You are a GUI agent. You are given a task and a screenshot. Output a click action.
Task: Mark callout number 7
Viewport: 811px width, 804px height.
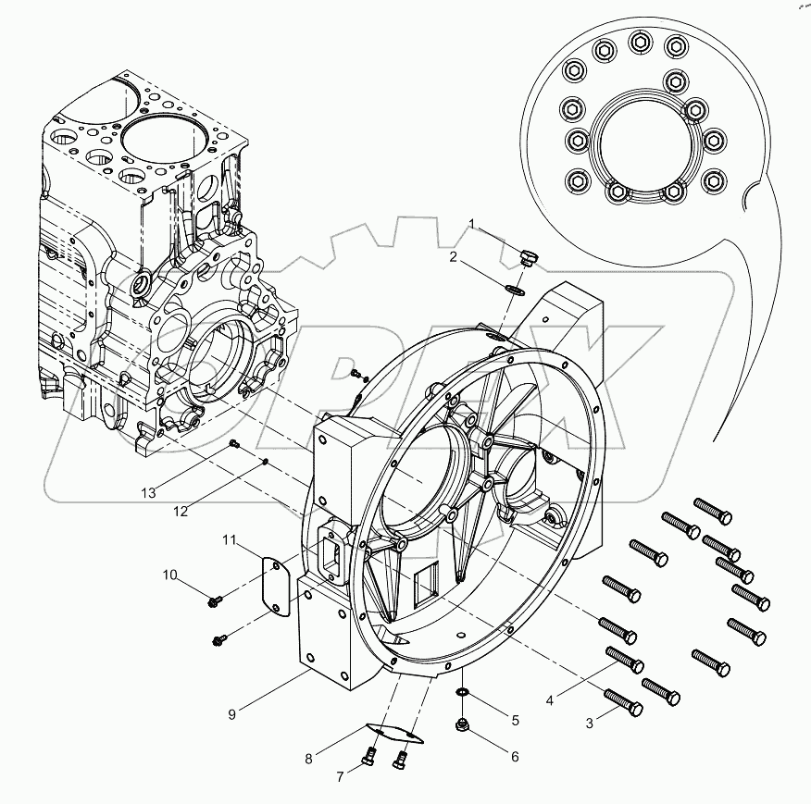(x=340, y=776)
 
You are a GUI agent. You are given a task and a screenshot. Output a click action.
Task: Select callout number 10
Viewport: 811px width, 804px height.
(x=170, y=575)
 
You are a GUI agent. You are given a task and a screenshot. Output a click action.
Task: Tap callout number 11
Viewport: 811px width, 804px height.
(x=230, y=538)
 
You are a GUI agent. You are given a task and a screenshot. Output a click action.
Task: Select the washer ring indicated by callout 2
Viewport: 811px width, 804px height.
(x=516, y=291)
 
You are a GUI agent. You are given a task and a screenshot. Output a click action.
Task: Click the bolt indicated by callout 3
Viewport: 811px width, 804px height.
(x=623, y=703)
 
